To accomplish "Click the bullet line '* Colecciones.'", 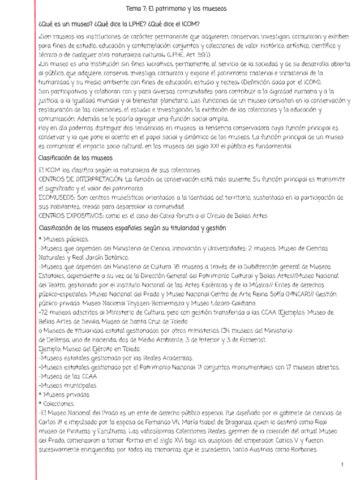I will point(56,404).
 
